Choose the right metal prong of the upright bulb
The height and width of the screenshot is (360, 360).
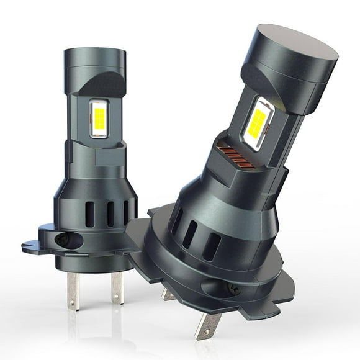coord(117,288)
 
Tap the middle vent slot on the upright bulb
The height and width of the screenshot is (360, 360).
coord(110,214)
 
